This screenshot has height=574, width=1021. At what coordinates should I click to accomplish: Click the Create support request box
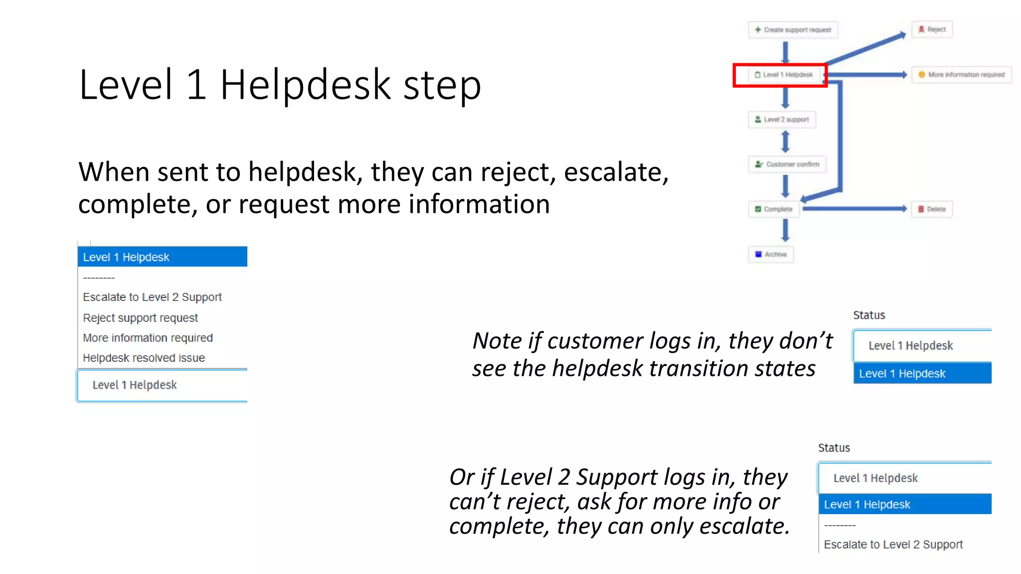click(x=793, y=30)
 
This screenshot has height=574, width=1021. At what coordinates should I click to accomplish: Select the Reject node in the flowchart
click(x=932, y=29)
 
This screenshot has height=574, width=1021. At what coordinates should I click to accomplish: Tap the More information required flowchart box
click(x=961, y=75)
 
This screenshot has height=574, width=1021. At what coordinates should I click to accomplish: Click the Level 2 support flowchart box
click(x=782, y=120)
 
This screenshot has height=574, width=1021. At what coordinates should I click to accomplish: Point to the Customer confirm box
click(x=787, y=164)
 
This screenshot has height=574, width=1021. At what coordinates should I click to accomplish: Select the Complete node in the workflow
click(x=774, y=209)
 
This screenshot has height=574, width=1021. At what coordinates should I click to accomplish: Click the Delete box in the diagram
click(x=932, y=209)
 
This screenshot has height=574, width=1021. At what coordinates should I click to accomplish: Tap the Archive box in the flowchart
click(x=771, y=254)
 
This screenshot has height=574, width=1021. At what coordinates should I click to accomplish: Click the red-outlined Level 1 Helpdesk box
click(x=780, y=75)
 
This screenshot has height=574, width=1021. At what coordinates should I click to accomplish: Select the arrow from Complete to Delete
click(x=855, y=209)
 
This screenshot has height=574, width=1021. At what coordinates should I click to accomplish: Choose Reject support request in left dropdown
click(x=141, y=318)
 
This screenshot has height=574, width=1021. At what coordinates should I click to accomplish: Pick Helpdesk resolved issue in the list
click(x=144, y=358)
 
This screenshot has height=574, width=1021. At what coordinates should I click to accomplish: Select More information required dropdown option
click(x=148, y=338)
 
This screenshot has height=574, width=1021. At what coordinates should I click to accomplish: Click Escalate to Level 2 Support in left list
click(x=152, y=297)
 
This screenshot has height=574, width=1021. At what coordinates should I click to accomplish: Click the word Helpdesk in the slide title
click(x=305, y=85)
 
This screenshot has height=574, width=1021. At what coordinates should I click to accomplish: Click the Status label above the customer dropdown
click(x=868, y=315)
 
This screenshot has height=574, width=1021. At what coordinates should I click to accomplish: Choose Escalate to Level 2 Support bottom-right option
click(x=893, y=545)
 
